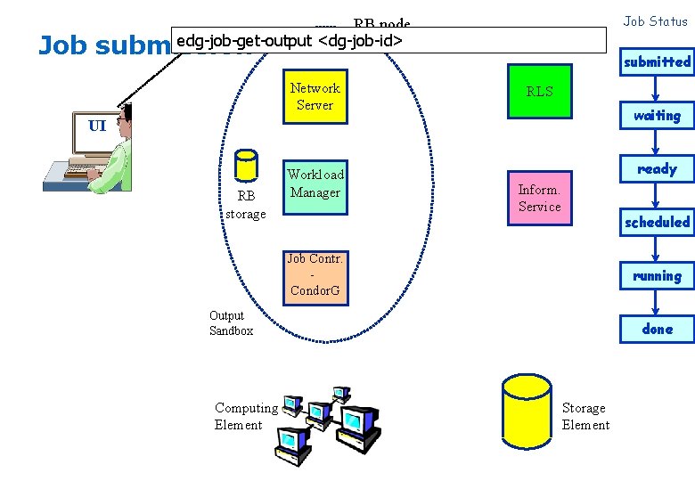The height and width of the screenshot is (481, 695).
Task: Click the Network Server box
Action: coord(315,96)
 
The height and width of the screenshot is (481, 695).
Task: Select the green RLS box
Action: coord(539,91)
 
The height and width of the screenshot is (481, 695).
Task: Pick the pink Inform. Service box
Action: coord(539,198)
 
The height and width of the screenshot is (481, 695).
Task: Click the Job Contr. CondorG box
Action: coord(315,274)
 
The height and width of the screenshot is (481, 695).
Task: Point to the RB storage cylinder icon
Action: coord(245,166)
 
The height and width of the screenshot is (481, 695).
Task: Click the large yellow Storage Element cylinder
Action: coord(527,418)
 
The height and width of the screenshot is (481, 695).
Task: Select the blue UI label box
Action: coord(97,126)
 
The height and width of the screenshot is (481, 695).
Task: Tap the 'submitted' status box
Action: coord(657,61)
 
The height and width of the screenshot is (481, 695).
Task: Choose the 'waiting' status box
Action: coord(657,115)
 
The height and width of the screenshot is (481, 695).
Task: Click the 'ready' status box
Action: coord(657,168)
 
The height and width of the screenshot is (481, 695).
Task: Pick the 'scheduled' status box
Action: coord(657,222)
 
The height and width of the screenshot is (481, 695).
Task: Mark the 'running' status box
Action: coord(657,275)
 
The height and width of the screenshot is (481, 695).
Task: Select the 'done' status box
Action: coord(657,329)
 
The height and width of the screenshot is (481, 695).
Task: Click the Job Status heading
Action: coord(655,21)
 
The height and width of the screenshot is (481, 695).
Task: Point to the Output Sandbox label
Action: coord(231,323)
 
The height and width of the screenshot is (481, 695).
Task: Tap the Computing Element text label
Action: coord(245,416)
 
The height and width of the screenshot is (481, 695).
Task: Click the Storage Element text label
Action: coord(585,416)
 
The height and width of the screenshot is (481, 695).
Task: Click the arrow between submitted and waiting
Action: coord(656,88)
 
